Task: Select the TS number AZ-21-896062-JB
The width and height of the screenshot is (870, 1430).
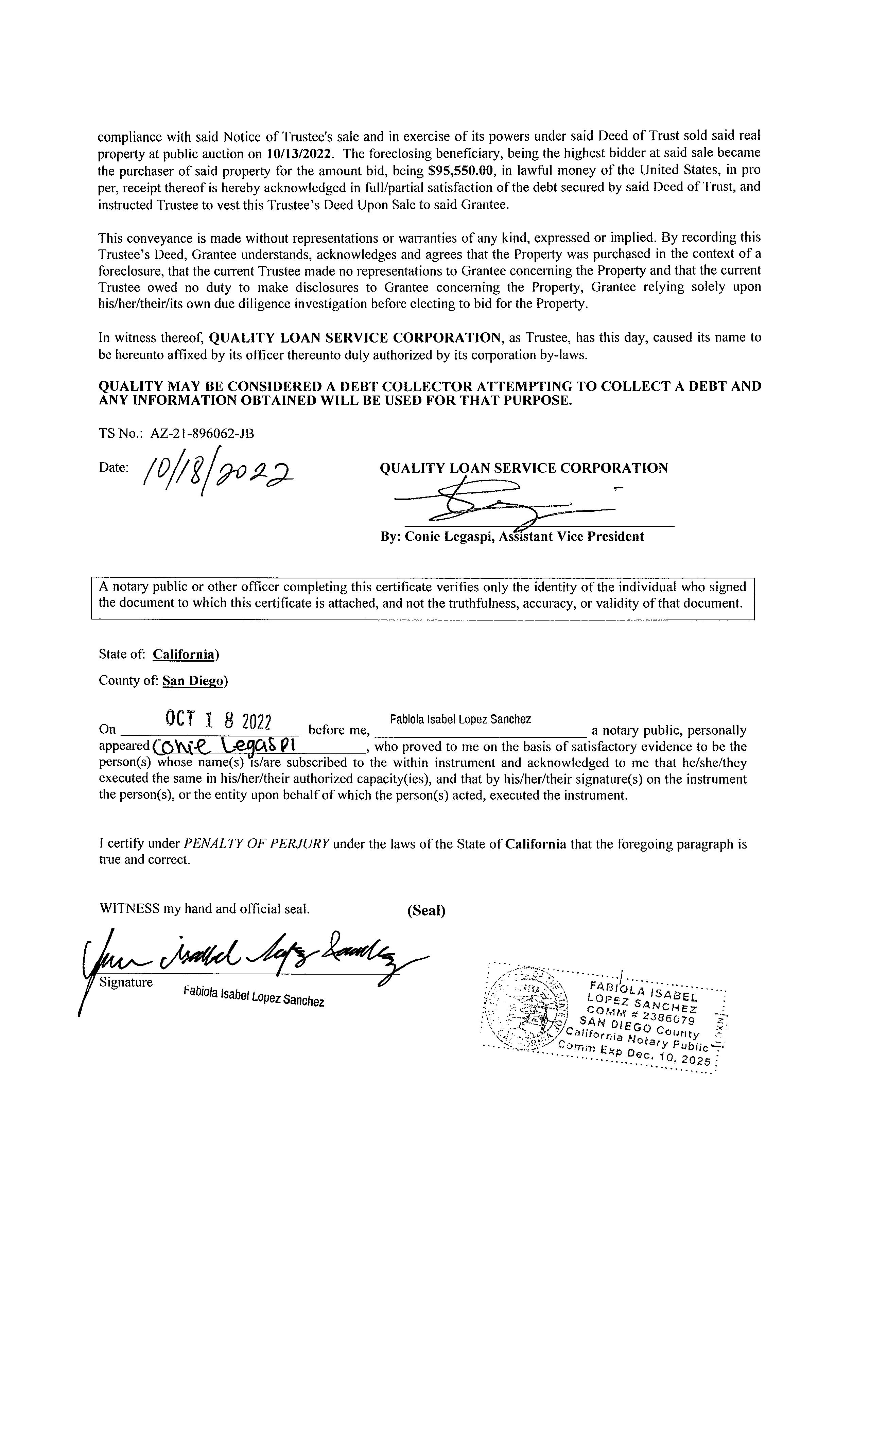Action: pos(202,434)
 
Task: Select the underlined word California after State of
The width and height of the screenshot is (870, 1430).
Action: pos(184,655)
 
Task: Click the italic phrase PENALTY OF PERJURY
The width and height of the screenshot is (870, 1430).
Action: pos(257,844)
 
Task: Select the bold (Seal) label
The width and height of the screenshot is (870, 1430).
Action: pos(426,911)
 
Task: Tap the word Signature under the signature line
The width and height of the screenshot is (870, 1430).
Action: pos(126,982)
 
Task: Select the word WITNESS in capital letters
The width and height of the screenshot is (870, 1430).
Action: pos(129,909)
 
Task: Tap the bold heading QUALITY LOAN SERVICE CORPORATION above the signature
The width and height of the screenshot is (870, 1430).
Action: pos(523,468)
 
